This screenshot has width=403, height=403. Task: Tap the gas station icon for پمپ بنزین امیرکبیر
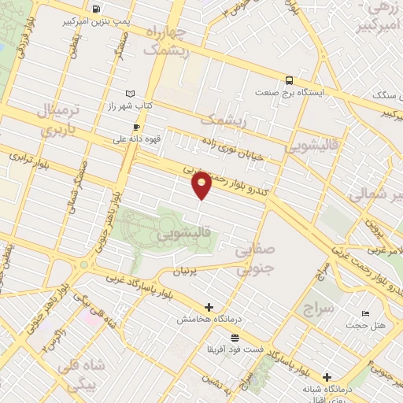95,9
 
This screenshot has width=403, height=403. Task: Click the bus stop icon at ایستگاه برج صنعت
289,79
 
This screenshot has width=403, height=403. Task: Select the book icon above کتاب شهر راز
131,93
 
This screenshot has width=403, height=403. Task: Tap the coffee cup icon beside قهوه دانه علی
136,128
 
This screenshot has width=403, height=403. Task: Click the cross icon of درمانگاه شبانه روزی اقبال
327,377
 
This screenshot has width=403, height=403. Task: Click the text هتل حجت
367,326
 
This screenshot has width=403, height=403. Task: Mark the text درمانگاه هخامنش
207,319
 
